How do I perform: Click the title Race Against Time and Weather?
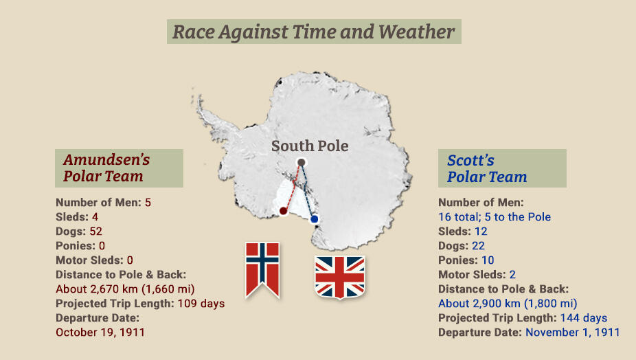(313, 32)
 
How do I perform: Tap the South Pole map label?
(310, 146)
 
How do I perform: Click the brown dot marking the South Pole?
(301, 163)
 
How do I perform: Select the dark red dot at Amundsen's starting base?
(283, 211)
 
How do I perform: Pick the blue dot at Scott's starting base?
(314, 219)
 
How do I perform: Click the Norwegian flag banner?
(262, 267)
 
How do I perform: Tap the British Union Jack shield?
(339, 276)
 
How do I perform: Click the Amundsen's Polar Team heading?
(106, 168)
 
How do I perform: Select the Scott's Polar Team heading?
(487, 168)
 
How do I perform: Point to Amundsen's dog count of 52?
(95, 231)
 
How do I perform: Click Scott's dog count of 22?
(477, 245)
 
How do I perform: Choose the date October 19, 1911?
(100, 332)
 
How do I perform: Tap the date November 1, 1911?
(572, 332)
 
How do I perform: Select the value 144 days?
(584, 317)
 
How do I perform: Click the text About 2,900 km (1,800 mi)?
(508, 303)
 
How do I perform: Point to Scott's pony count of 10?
(487, 260)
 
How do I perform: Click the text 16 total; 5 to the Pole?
(495, 216)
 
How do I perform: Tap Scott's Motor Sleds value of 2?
(512, 274)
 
